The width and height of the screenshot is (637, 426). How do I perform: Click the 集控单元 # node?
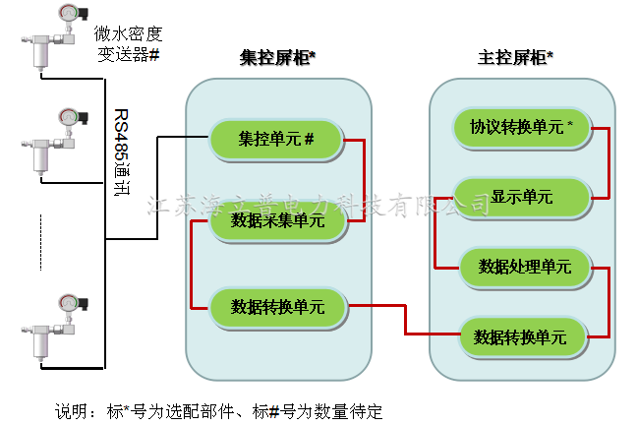coord(277,139)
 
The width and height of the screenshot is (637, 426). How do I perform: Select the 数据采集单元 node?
coord(277,222)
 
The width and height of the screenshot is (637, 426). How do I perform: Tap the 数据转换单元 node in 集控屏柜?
coord(277,306)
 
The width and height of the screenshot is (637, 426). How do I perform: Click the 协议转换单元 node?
coord(521,127)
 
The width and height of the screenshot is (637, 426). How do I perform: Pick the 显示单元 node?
coord(521,197)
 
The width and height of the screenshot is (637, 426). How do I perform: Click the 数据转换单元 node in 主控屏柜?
coord(521,337)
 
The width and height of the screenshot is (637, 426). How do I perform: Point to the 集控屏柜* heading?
coord(277,58)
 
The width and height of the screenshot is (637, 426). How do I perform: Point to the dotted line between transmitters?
coord(41,240)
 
